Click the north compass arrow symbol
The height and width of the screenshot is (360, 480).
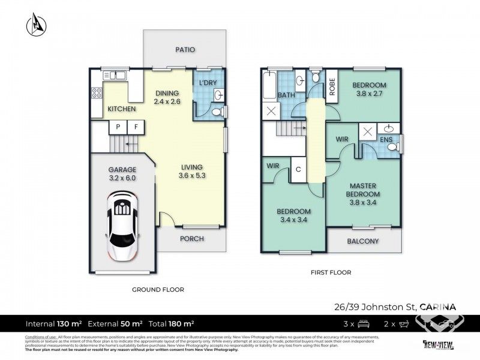point(34,25)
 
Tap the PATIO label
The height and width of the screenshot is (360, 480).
point(185,50)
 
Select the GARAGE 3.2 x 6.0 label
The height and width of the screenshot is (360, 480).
point(122,174)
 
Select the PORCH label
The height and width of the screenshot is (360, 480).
point(192,238)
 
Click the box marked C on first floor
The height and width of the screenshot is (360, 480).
point(298,169)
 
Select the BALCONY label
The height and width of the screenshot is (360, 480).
point(363,241)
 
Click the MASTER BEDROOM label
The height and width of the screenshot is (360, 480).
point(363,190)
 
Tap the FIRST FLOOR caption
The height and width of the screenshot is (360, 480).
point(331,272)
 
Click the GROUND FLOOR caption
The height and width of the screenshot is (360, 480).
point(158,289)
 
